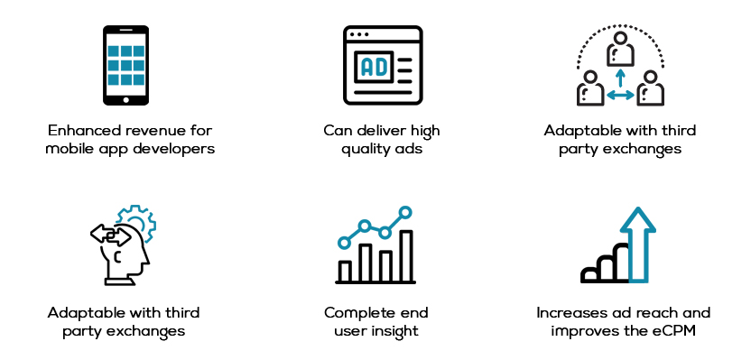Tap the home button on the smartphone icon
coord(126,100)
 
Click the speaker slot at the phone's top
coord(126,30)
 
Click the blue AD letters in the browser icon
coord(374,68)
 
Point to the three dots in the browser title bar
coord(359,34)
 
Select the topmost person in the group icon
coord(620,49)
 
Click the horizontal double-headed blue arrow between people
coord(620,96)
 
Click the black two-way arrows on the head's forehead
coord(111,235)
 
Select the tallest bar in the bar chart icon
coord(406,256)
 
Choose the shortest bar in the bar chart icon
coord(345,272)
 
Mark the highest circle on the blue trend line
coord(405,212)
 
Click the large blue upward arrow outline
coord(638,245)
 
